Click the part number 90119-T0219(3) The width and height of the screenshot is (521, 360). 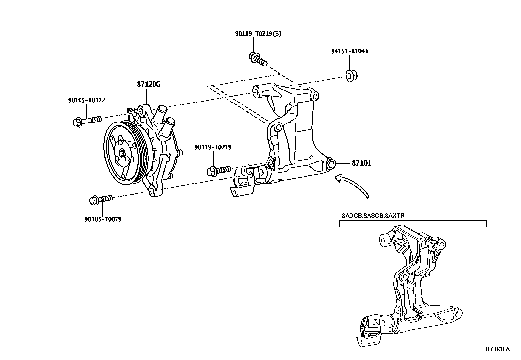click(x=258, y=34)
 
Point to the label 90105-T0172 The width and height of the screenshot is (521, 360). click(x=86, y=100)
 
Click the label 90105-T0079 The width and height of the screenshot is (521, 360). click(x=103, y=219)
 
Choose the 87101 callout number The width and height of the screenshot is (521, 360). click(x=361, y=163)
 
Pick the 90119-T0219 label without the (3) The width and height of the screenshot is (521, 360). click(x=213, y=147)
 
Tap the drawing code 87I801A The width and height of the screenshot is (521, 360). click(x=497, y=349)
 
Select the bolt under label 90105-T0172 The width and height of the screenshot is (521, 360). click(x=86, y=121)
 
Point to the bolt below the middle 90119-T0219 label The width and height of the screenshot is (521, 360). click(x=219, y=171)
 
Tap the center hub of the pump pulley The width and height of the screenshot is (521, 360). click(x=123, y=153)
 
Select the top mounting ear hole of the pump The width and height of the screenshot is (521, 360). click(x=141, y=112)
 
